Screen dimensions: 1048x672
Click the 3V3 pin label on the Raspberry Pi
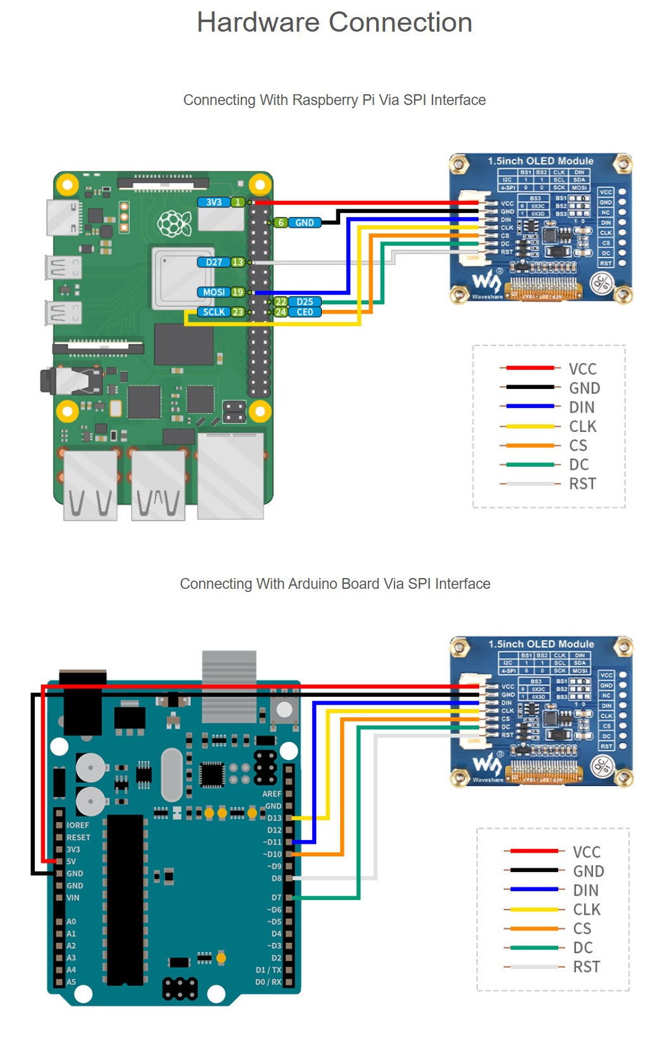(214, 202)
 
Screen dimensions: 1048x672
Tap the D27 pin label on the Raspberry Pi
(214, 262)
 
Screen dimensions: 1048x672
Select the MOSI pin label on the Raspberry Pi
(214, 292)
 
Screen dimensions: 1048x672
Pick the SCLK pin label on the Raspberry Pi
(214, 312)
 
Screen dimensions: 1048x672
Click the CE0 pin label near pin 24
(305, 312)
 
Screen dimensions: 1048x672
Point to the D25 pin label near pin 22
(305, 302)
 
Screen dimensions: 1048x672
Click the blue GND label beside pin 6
(305, 223)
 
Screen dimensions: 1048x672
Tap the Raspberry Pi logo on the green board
(174, 223)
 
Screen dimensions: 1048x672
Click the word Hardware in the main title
(258, 23)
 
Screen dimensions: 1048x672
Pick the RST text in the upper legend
(582, 484)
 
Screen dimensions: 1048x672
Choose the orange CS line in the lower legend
(534, 928)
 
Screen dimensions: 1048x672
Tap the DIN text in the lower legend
(585, 891)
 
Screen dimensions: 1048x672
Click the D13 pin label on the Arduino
(274, 818)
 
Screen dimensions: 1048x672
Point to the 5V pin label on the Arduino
(71, 861)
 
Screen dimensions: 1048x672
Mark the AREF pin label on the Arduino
(272, 794)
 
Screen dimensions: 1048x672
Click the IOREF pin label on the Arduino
(78, 825)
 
